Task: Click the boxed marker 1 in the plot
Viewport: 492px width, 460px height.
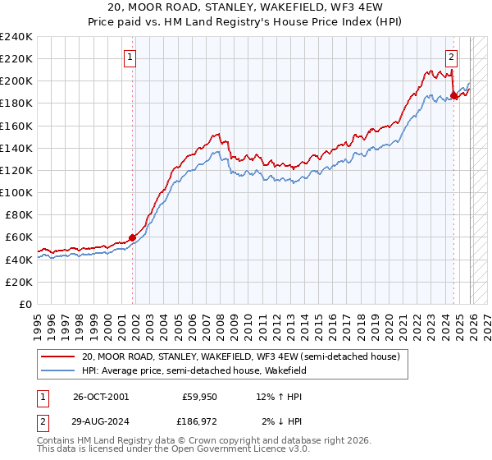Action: pyautogui.click(x=130, y=57)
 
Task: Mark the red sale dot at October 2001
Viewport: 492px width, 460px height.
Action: pyautogui.click(x=132, y=237)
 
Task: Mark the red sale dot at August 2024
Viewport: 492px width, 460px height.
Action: pyautogui.click(x=454, y=95)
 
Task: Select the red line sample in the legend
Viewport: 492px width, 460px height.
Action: pyautogui.click(x=58, y=356)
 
